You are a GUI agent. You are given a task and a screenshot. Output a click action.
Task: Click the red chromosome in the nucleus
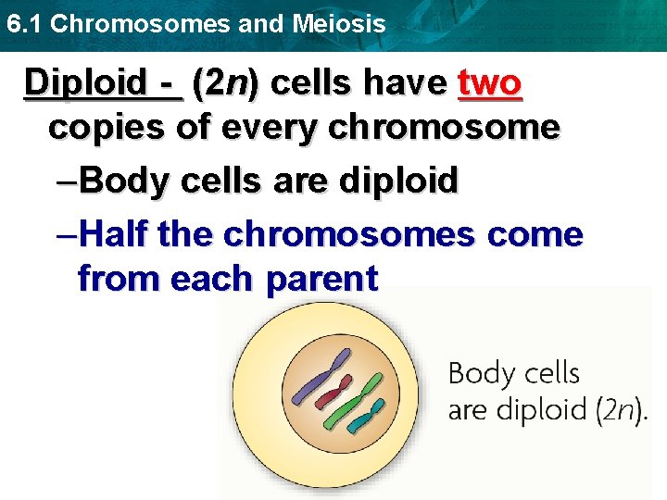333,392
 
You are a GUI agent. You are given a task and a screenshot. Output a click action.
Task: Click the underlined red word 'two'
491,83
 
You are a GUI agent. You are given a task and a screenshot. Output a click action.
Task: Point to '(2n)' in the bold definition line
226,83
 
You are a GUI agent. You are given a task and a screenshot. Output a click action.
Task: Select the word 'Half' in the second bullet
117,235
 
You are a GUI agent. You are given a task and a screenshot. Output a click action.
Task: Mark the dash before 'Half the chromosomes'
66,235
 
